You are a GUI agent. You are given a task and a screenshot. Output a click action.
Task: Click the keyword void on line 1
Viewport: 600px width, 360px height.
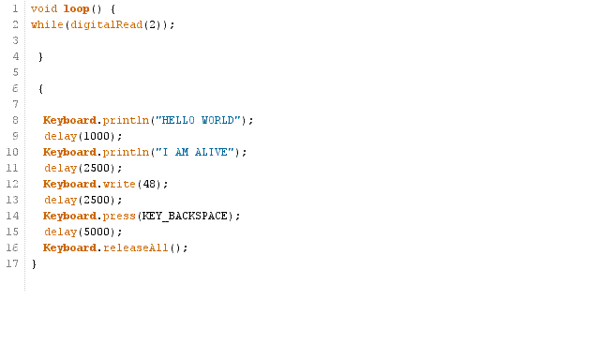click(43, 8)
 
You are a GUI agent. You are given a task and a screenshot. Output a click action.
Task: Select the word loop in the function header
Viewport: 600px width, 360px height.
click(75, 8)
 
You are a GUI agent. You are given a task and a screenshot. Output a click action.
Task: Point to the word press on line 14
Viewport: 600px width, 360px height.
click(119, 216)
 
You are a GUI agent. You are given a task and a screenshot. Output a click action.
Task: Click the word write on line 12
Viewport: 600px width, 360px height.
click(119, 184)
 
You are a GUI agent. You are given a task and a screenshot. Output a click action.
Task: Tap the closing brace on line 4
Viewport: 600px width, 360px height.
click(40, 56)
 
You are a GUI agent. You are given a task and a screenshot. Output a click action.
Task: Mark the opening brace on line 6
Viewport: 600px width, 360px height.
click(40, 88)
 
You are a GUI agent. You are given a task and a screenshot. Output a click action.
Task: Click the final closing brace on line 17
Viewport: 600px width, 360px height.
click(34, 263)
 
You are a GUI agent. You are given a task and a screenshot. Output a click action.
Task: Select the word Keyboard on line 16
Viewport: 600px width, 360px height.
click(69, 247)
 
